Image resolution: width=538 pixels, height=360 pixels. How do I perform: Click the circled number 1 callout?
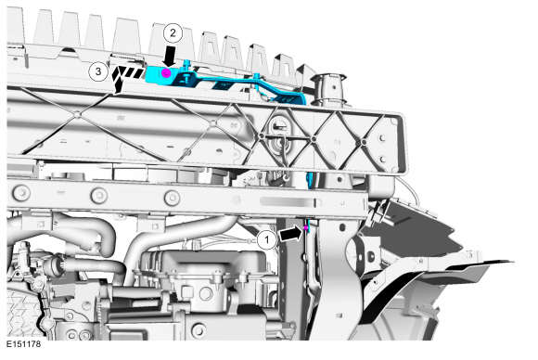coord(267,239)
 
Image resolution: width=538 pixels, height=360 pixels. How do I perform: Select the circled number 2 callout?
coord(173,33)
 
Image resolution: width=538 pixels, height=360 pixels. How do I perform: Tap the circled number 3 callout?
coord(98,71)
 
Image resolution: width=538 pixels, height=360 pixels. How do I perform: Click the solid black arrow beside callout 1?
coord(291,234)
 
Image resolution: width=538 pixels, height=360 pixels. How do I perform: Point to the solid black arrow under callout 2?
coord(170,57)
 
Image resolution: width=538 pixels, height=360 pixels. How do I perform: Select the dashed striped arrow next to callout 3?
coord(126,79)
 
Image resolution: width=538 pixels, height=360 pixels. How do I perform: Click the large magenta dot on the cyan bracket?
coord(166,72)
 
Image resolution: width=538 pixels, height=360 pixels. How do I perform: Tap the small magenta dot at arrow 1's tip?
coord(305,228)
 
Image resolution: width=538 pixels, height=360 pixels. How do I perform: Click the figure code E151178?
coord(24,344)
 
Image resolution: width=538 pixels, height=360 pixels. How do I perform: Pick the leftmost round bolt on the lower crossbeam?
coord(21,193)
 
